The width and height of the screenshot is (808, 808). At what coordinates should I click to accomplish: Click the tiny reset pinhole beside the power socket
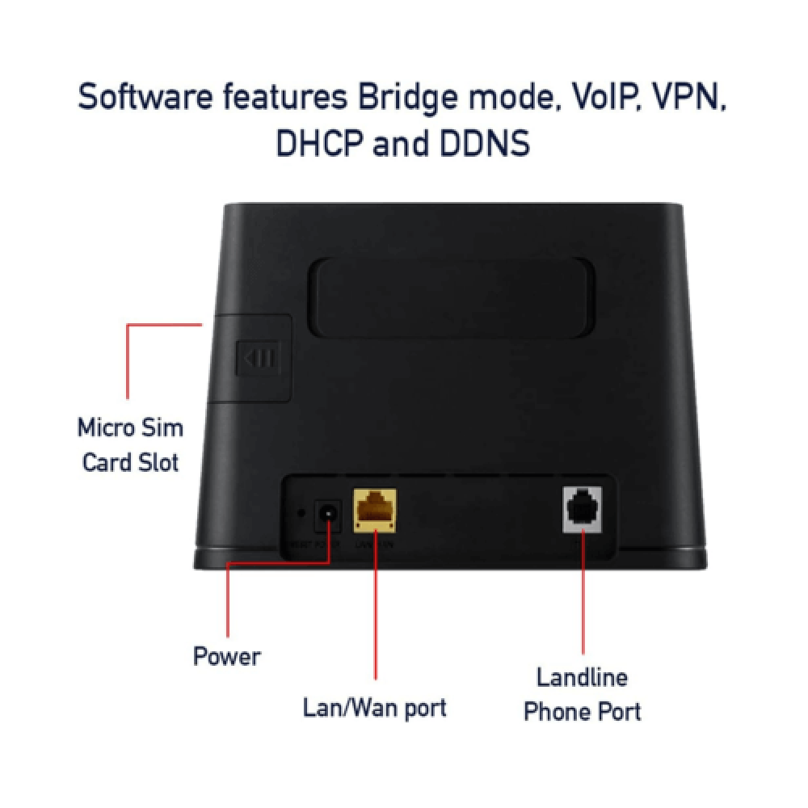(301, 512)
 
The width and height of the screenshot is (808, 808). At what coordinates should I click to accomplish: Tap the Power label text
(227, 655)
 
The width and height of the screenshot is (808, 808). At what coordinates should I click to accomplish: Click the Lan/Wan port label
(374, 708)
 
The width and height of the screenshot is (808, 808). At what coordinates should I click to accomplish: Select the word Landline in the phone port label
(582, 676)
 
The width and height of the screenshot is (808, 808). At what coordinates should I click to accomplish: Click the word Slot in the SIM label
(154, 464)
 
